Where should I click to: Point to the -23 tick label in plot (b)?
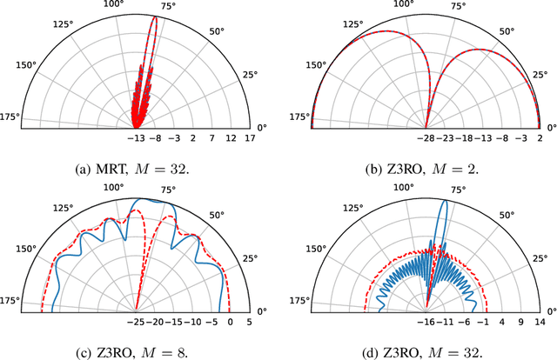coord(449,138)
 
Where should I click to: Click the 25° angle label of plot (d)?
coord(540,258)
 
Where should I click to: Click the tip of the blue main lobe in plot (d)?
coord(445,201)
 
